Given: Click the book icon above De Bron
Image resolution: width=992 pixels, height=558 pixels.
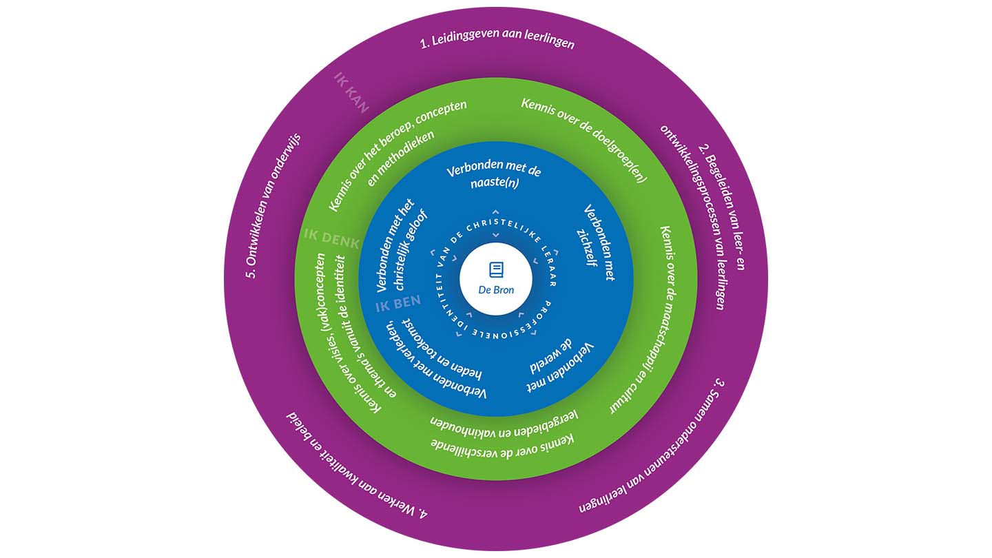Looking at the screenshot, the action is click(x=496, y=269).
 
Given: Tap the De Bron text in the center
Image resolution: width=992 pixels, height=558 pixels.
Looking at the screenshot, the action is click(x=496, y=290).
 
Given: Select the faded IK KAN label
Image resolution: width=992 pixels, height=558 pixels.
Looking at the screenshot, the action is click(x=351, y=92).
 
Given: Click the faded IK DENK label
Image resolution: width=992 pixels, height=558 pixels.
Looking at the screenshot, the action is click(x=331, y=238).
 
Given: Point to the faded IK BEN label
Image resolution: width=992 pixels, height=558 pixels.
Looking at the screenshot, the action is click(x=398, y=304).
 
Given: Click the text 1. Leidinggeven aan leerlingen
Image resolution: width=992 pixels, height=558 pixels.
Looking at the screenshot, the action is click(x=497, y=39).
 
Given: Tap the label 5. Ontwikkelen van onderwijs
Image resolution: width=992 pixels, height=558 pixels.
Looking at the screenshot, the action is click(x=271, y=205).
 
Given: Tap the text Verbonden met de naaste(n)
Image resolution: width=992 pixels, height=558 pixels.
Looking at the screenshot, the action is click(x=495, y=174).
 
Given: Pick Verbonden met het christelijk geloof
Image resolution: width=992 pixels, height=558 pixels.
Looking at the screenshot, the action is click(x=401, y=246).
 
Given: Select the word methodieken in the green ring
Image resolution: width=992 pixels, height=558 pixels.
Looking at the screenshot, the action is click(x=401, y=159).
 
